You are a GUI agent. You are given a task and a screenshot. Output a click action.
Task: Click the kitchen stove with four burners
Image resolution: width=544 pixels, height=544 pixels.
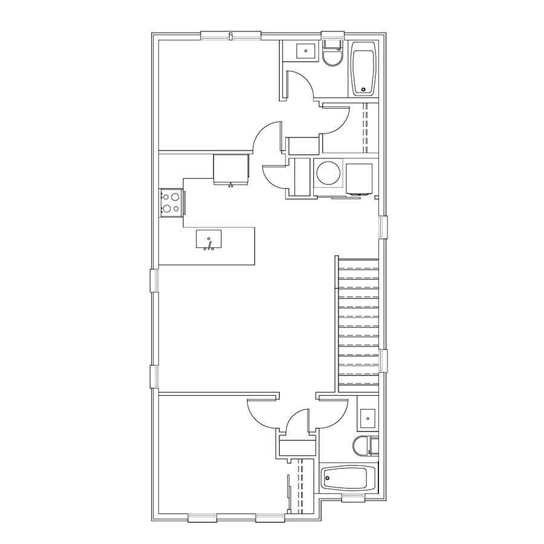172,202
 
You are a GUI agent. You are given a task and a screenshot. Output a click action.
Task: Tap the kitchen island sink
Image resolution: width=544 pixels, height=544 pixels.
209,239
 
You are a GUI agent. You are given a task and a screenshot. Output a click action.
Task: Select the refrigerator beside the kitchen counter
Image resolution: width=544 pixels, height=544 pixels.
231,168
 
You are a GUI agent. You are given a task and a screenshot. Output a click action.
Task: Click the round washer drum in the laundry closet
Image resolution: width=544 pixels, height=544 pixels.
328,173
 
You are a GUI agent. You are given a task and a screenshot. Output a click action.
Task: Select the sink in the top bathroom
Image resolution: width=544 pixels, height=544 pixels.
306,51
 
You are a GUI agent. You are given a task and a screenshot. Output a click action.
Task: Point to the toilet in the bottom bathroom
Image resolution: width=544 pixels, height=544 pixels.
363,445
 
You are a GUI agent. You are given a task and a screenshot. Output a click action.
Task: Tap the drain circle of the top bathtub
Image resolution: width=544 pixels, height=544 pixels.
363,90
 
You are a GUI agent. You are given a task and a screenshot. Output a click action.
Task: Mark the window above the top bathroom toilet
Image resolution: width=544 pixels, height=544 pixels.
332,35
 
